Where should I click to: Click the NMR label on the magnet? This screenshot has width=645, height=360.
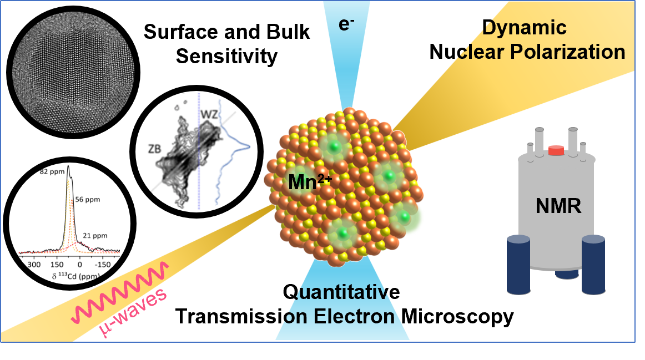[x=558, y=206]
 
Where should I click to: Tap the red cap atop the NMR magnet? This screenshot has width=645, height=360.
[x=556, y=150]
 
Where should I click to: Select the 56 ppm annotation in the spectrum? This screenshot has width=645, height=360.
[x=89, y=199]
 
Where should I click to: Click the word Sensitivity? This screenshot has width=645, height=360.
[x=226, y=55]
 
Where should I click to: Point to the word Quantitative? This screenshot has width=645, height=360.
[x=341, y=292]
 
